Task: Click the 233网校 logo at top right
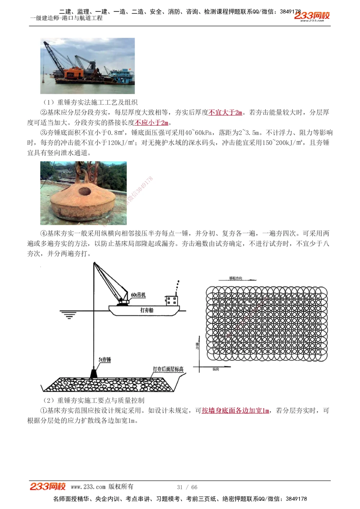[312, 16]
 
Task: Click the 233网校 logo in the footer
[48, 486]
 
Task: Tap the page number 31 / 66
[187, 487]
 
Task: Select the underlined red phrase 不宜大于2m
[225, 113]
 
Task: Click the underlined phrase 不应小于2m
[152, 123]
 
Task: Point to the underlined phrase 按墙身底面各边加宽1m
[235, 410]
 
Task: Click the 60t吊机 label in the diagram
[138, 295]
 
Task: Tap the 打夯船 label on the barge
[147, 310]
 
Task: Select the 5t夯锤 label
[105, 359]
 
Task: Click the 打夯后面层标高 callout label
[168, 369]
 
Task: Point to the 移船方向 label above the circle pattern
[235, 278]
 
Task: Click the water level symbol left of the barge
[68, 315]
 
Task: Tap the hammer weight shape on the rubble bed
[94, 373]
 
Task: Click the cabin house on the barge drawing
[172, 300]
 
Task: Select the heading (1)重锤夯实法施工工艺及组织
[90, 103]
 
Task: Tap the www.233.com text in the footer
[88, 487]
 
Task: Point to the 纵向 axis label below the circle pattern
[216, 369]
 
